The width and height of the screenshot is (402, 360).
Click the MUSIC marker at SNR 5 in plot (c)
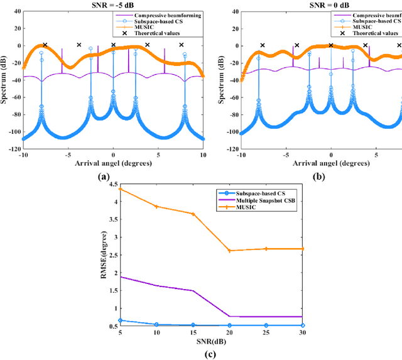coord(121,189)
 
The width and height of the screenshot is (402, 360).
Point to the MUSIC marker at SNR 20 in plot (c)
coord(230,251)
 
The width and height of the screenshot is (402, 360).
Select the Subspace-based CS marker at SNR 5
coord(121,320)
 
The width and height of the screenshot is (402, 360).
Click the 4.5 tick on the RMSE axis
coord(114,184)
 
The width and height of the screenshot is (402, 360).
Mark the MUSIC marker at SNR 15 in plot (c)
coord(193,214)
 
